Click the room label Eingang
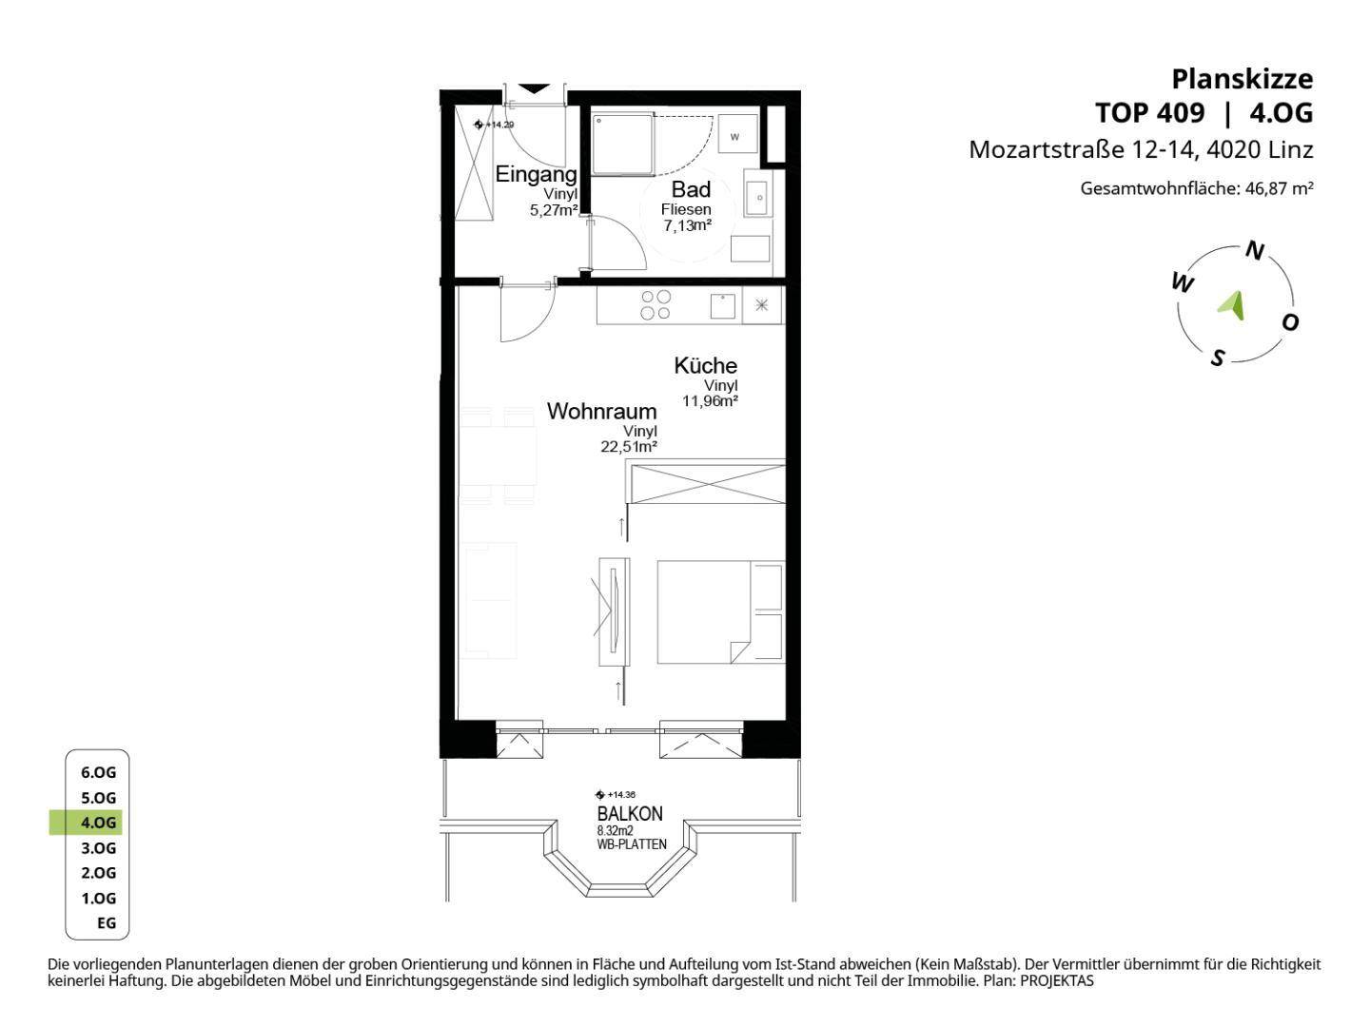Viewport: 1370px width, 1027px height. [x=536, y=175]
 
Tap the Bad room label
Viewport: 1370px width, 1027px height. [x=691, y=189]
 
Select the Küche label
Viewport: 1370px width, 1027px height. [x=705, y=365]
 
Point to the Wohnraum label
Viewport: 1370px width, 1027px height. [x=601, y=412]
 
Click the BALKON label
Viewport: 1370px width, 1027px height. [x=630, y=814]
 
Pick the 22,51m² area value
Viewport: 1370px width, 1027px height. [x=629, y=447]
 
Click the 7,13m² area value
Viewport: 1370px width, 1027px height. [x=688, y=225]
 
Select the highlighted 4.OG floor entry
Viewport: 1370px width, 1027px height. [x=98, y=823]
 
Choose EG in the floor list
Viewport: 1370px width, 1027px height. [x=107, y=922]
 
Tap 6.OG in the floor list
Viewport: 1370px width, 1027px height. [x=98, y=772]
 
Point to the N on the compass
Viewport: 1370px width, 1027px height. [x=1255, y=251]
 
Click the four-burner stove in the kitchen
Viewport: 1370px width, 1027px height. [x=656, y=305]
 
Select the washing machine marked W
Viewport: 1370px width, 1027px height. [x=737, y=133]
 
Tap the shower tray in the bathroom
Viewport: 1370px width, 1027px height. [x=622, y=144]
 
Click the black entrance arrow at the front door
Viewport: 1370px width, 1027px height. [x=534, y=88]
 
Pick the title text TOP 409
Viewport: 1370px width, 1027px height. [x=1149, y=113]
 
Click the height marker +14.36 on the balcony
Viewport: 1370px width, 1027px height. [x=616, y=794]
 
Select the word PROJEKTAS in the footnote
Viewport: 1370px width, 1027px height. [x=1057, y=980]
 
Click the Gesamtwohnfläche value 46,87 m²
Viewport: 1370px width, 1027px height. [x=1279, y=187]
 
